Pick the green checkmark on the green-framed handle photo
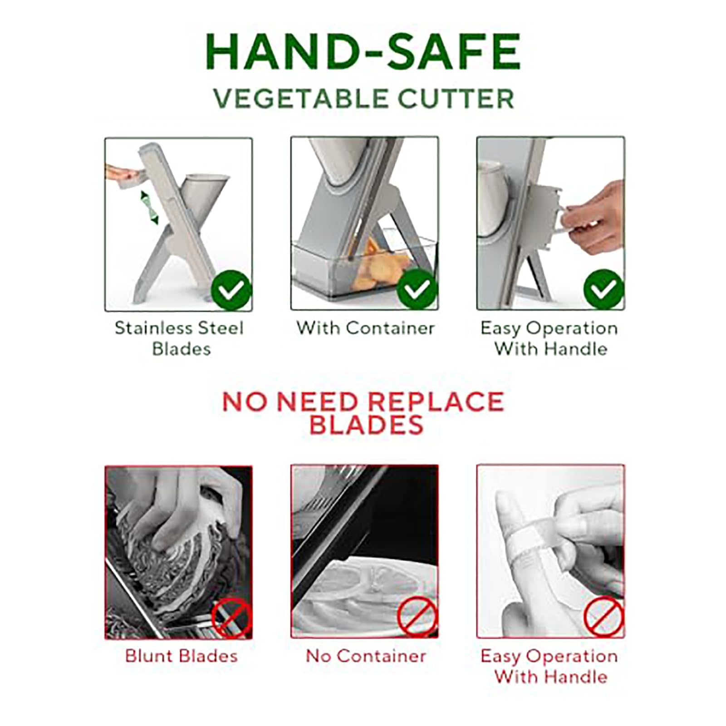tap(604, 289)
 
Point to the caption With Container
tap(366, 328)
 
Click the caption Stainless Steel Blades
tap(180, 338)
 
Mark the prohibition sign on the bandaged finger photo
tap(604, 617)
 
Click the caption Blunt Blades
tap(181, 656)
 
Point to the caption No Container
tap(366, 656)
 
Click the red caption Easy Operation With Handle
tap(549, 666)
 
